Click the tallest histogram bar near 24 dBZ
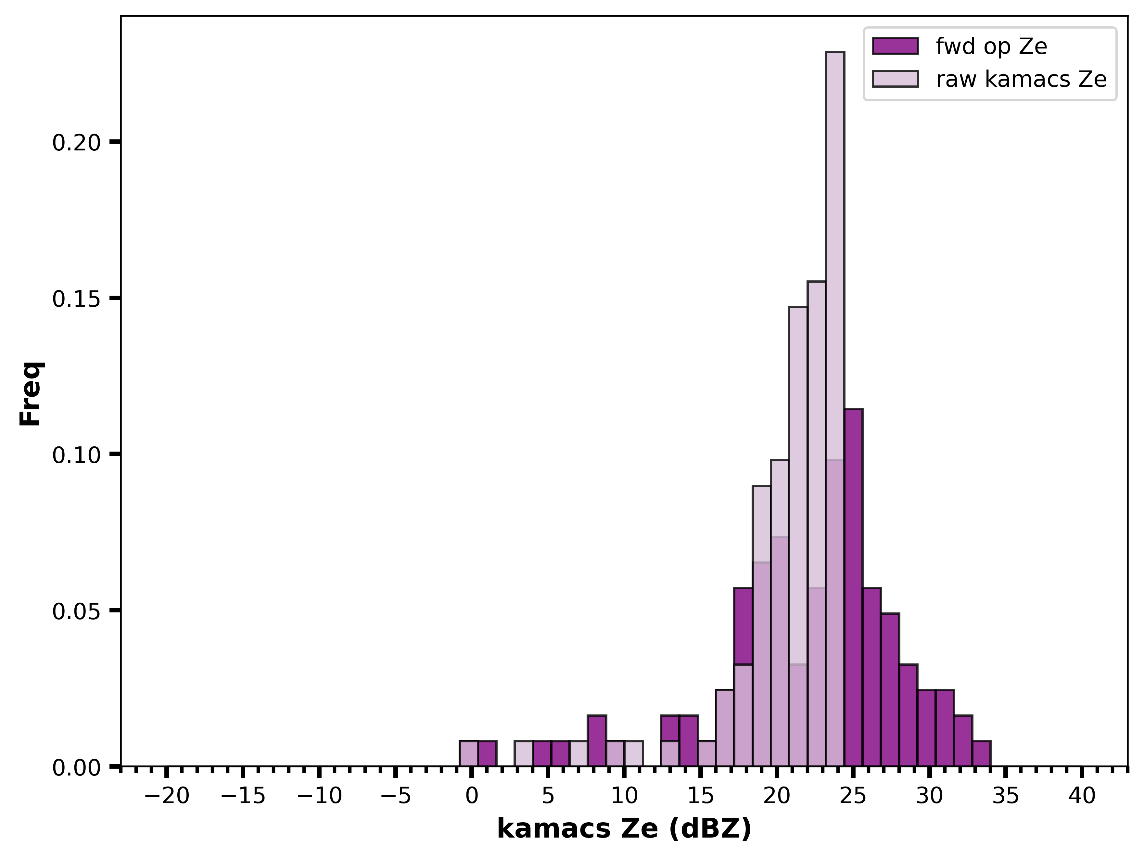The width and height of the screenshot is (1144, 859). tap(835, 409)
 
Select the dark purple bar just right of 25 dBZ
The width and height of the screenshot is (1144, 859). tap(853, 587)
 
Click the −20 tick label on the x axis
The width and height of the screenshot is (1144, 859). tap(167, 796)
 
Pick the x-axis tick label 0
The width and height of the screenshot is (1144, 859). tap(472, 796)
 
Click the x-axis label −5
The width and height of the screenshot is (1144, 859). tap(396, 796)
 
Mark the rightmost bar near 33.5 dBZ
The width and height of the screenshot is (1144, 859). tap(981, 753)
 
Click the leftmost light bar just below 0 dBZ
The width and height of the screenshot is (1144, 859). tap(469, 753)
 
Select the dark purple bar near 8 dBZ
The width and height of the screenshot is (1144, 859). tap(597, 740)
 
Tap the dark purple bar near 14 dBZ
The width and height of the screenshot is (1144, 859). tap(688, 740)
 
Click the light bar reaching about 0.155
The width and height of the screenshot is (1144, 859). tap(817, 523)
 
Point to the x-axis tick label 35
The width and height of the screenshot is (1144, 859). tap(1005, 796)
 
